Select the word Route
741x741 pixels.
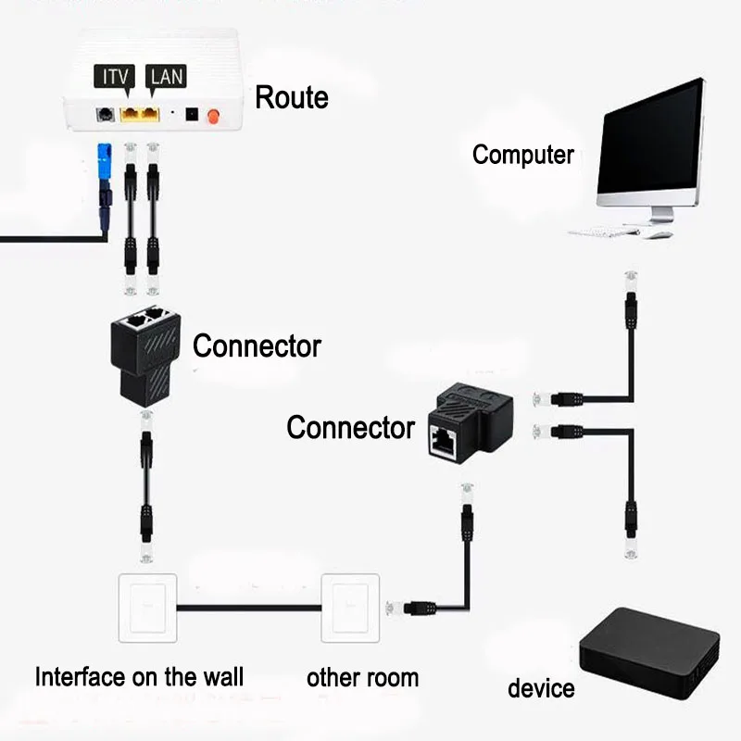tap(291, 97)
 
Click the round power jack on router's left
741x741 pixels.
tap(106, 115)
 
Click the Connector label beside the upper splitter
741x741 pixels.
tap(257, 346)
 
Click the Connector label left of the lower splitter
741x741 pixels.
tap(350, 428)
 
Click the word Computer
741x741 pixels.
tap(522, 155)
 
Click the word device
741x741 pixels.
tap(541, 688)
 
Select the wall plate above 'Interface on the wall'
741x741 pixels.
tap(148, 608)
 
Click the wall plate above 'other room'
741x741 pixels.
tap(350, 608)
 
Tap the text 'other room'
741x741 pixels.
tap(362, 677)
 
